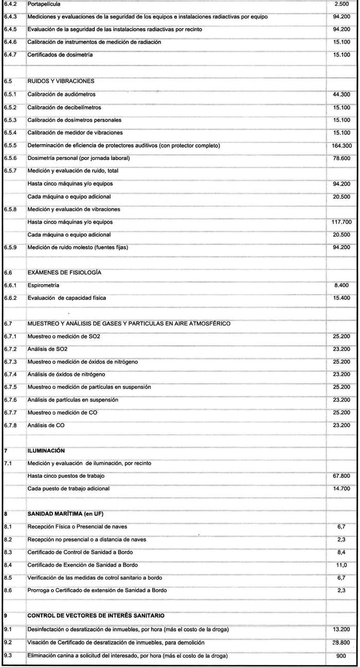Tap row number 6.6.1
(x=10, y=285)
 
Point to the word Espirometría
(x=43, y=285)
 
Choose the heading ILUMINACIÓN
(x=46, y=450)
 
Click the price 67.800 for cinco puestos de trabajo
(x=342, y=476)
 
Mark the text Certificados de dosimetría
(x=60, y=55)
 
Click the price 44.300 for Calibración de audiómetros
(x=342, y=95)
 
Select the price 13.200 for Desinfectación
(x=342, y=630)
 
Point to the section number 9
(x=5, y=616)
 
